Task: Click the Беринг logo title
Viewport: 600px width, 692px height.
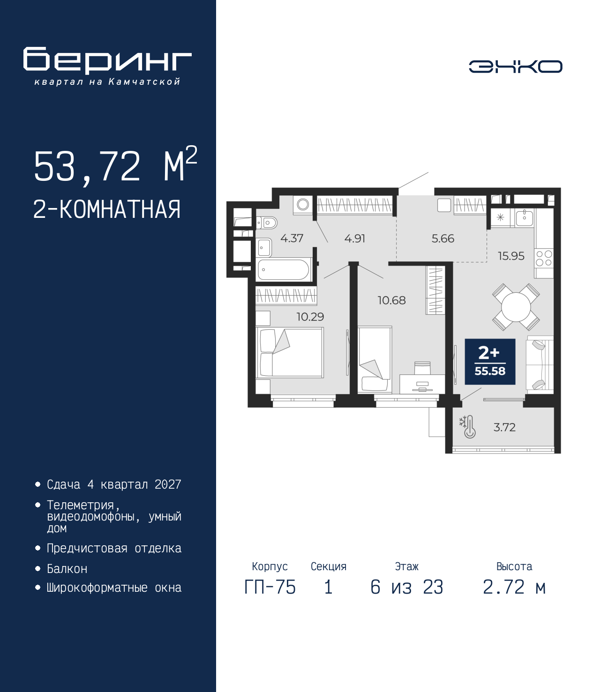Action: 107,60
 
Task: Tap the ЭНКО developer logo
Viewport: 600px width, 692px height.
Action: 515,67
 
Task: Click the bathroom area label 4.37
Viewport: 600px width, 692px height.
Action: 292,238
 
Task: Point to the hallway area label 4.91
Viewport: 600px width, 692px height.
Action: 355,238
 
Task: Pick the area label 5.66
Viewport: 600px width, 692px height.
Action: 443,238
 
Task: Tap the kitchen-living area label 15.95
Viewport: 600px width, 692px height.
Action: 511,256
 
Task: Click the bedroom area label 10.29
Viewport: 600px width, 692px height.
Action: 310,317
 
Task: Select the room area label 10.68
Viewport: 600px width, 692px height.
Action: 391,300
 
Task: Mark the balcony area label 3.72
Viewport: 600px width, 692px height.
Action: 504,427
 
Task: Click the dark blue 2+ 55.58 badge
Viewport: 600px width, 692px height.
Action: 490,362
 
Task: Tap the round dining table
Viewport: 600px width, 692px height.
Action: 516,307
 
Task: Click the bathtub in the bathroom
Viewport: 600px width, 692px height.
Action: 284,269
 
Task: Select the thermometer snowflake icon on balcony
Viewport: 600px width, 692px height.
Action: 468,427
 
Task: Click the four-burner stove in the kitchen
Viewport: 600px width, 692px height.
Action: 544,258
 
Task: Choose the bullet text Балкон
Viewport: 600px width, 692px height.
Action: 67,569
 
